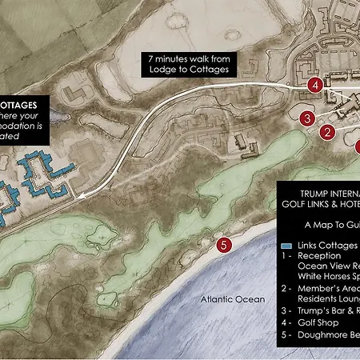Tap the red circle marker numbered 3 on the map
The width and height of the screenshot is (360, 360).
(x=306, y=118)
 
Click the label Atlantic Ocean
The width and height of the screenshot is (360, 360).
(x=233, y=299)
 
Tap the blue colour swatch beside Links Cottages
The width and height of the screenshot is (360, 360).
(x=286, y=244)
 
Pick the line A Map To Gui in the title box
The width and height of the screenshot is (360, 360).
(x=333, y=227)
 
